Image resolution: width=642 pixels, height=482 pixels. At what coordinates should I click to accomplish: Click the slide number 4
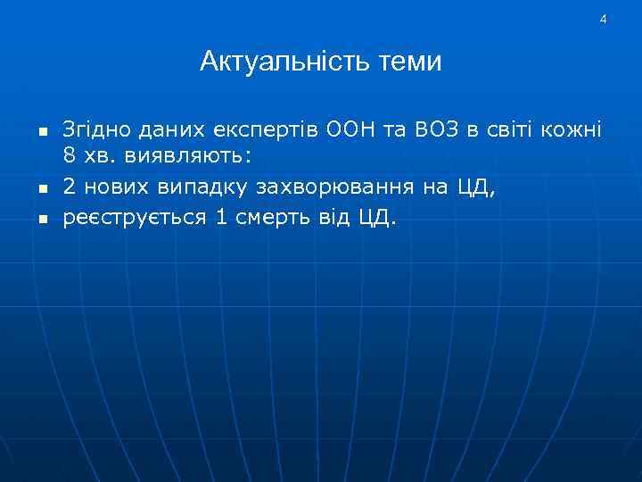[604, 19]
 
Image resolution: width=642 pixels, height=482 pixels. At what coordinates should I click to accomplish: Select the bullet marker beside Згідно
[41, 131]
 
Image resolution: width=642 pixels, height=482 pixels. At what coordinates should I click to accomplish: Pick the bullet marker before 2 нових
[41, 188]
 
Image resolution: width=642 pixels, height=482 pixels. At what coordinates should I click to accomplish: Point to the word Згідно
[94, 130]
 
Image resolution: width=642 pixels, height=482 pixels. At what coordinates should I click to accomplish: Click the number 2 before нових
[69, 187]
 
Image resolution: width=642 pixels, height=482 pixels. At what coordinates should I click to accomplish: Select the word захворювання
[334, 187]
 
